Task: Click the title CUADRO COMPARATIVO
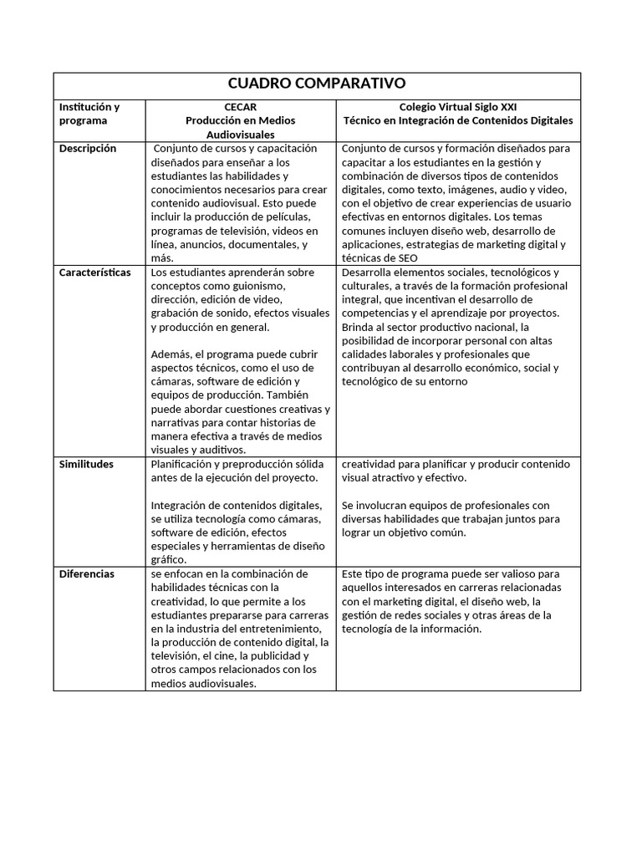317,84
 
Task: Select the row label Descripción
88,149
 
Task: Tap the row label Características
94,273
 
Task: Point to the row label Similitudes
86,464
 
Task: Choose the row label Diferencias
87,574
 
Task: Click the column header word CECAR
241,107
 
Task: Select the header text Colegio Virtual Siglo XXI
458,107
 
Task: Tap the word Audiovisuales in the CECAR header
241,134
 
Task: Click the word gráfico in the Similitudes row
169,560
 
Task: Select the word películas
272,217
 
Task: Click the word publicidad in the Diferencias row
261,656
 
